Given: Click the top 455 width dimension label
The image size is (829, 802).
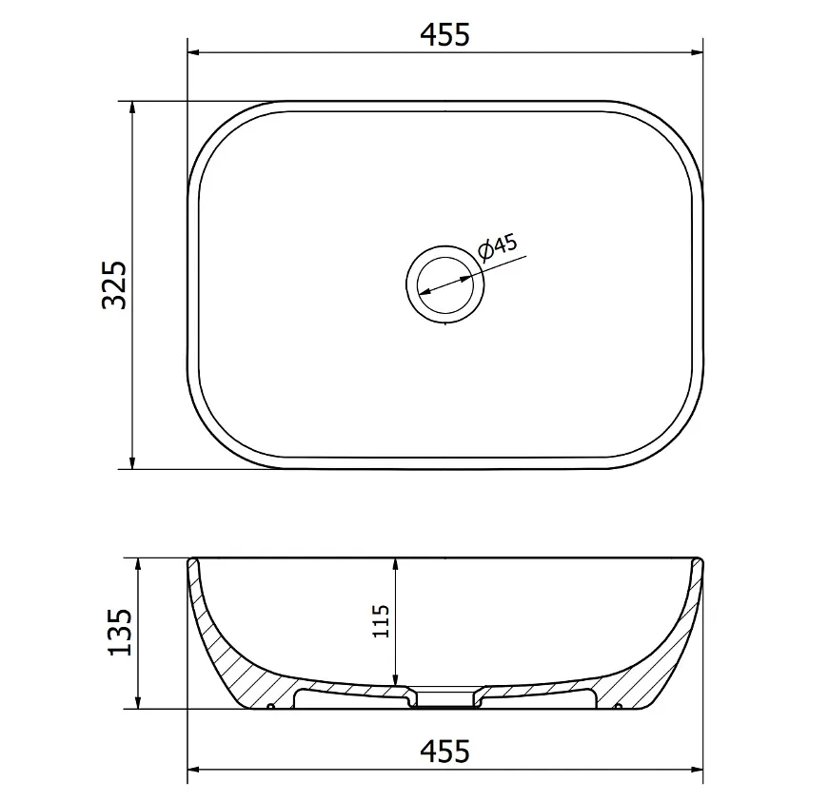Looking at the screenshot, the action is [x=444, y=35].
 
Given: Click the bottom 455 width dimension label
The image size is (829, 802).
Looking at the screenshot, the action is [x=444, y=751].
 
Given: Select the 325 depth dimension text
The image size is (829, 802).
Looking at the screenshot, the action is [x=115, y=284].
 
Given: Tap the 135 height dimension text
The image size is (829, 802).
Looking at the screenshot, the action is [x=120, y=633].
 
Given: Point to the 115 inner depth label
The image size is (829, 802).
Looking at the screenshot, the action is [x=381, y=621].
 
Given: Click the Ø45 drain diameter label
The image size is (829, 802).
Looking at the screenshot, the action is [x=498, y=245].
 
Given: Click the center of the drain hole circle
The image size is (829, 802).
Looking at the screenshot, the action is [x=445, y=284].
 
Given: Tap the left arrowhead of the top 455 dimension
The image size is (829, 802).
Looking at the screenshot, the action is [x=193, y=53].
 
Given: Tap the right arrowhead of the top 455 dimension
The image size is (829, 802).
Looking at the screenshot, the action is [x=698, y=53].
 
